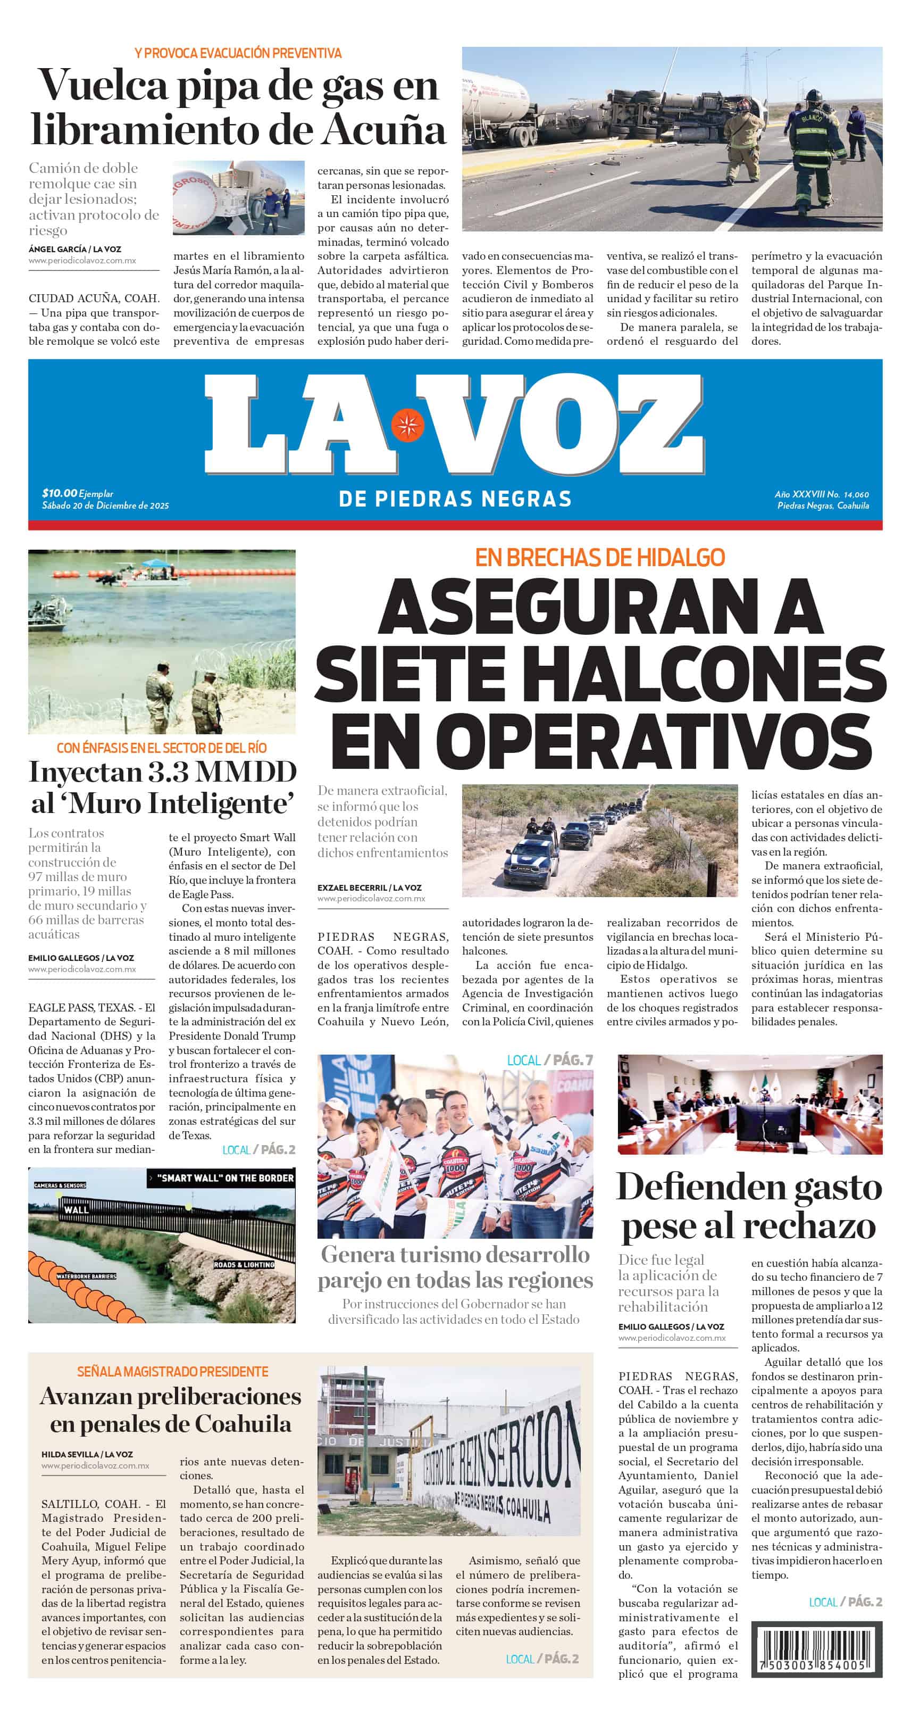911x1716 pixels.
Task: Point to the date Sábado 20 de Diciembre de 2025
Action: pyautogui.click(x=105, y=505)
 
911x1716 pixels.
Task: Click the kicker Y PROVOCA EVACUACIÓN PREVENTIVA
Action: pyautogui.click(x=238, y=53)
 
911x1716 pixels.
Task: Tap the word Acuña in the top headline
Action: pyautogui.click(x=383, y=130)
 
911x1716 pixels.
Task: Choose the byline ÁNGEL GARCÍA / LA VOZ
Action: pyautogui.click(x=74, y=249)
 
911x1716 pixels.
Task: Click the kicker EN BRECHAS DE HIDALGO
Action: pyautogui.click(x=599, y=557)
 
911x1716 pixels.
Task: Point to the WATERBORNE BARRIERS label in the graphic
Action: pyautogui.click(x=86, y=1276)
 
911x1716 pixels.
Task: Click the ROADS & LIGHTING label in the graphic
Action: pyautogui.click(x=244, y=1264)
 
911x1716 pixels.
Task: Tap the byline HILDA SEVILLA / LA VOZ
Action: pyautogui.click(x=87, y=1454)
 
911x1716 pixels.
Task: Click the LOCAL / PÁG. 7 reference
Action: pyautogui.click(x=549, y=1060)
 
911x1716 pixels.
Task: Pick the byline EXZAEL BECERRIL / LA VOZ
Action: pyautogui.click(x=369, y=888)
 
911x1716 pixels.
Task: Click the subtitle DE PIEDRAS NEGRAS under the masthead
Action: pyautogui.click(x=455, y=498)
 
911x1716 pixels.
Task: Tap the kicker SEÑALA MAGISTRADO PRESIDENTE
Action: pyautogui.click(x=172, y=1372)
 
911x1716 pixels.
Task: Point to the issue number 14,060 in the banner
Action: pyautogui.click(x=856, y=494)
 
